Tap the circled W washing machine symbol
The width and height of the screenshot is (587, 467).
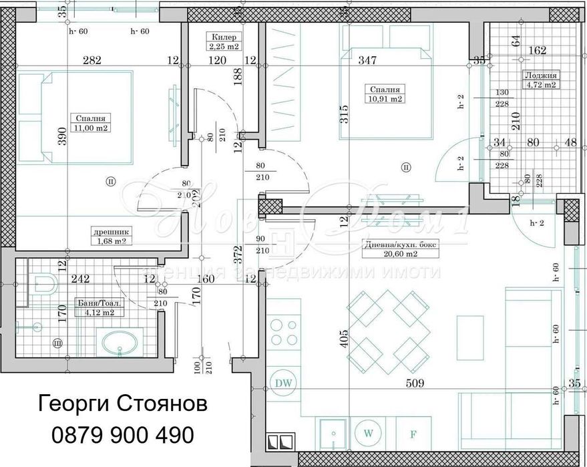pos(367,432)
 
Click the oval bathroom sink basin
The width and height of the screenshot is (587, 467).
pos(119,345)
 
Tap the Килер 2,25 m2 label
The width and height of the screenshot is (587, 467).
pos(223,41)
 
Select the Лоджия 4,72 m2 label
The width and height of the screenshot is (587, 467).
pos(540,80)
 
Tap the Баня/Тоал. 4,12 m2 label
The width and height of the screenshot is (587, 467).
pos(94,307)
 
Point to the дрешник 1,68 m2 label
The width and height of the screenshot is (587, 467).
pos(110,237)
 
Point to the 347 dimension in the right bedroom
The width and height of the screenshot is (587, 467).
pos(367,60)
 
